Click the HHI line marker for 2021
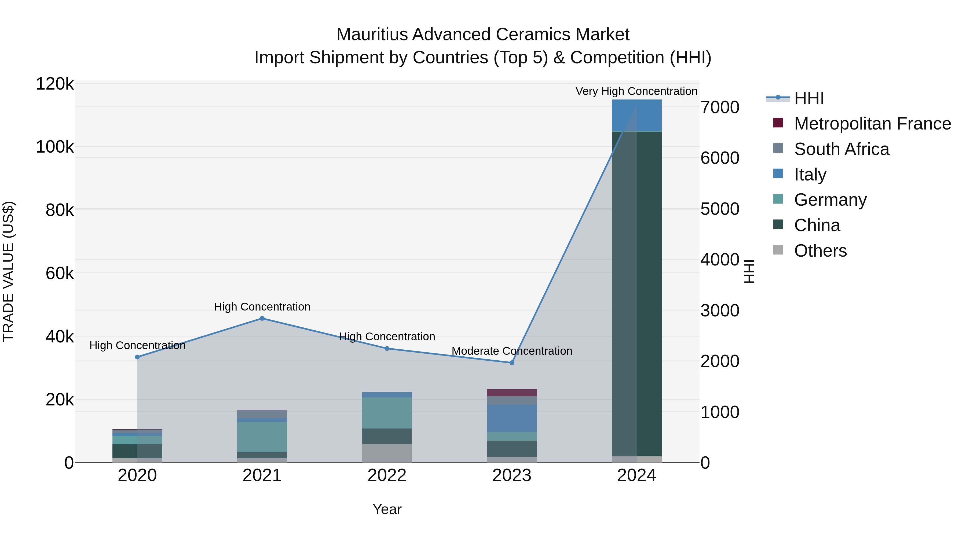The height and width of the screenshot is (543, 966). point(262,319)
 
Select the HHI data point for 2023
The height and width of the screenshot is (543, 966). point(512,363)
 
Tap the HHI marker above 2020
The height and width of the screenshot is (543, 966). point(137,357)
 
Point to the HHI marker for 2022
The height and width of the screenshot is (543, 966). point(387,349)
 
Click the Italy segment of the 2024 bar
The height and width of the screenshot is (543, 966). point(636,115)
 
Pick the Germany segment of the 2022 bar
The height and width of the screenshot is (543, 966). point(387,413)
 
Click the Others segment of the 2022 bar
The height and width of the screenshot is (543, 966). point(387,453)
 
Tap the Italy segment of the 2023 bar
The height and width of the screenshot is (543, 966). point(512,418)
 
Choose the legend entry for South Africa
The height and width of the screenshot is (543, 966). point(841,149)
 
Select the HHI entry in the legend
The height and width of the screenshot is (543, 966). point(809,98)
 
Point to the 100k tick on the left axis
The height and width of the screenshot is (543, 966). point(55,147)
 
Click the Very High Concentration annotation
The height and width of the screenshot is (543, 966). point(636,91)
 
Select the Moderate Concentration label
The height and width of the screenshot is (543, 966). point(512,351)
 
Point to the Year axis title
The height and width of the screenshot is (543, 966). point(387,509)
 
